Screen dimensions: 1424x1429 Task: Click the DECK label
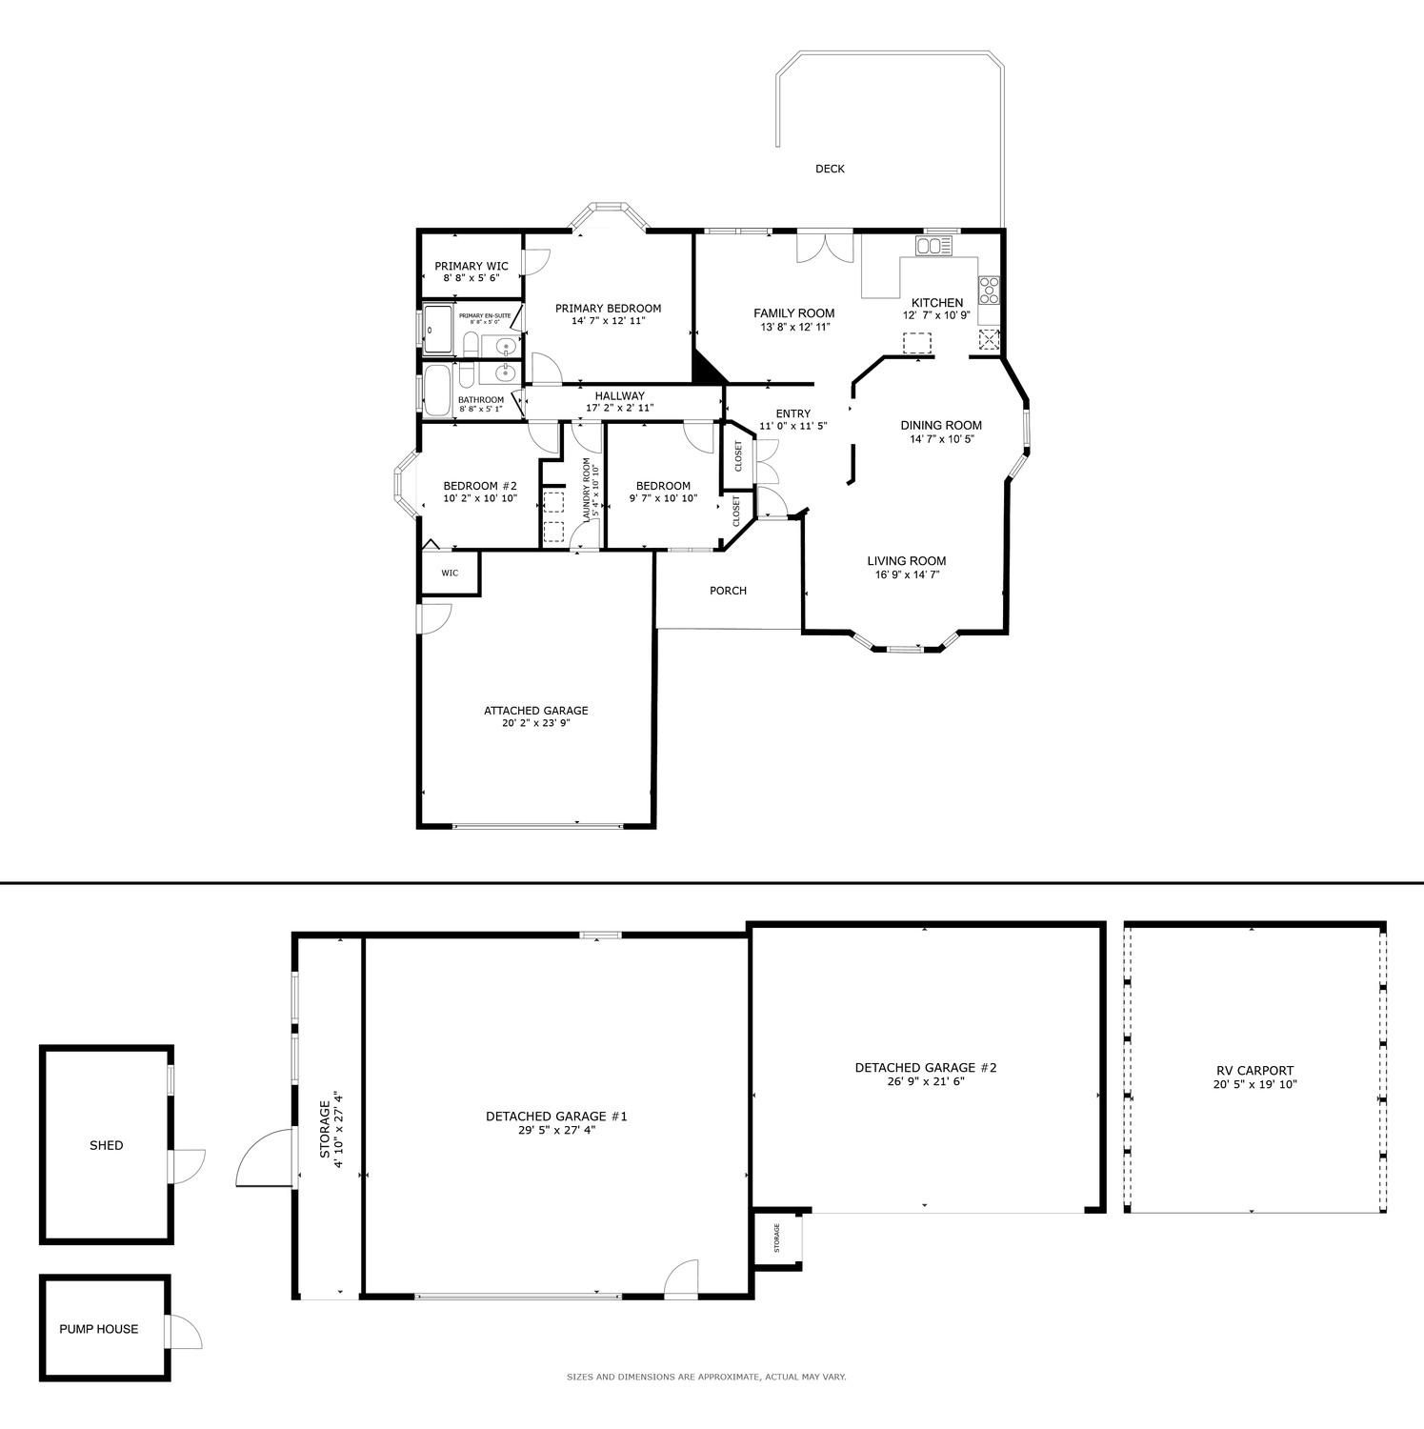pos(830,169)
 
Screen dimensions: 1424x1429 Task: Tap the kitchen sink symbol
pos(933,246)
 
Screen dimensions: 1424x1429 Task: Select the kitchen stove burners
pos(989,289)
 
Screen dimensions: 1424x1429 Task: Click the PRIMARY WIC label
pos(471,266)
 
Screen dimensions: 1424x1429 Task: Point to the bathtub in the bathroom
pos(437,391)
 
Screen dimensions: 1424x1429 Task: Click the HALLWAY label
pos(620,395)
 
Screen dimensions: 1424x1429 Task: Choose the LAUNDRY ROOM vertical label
pos(587,489)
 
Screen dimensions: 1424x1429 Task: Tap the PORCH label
pos(729,591)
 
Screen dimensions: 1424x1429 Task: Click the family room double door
pos(825,247)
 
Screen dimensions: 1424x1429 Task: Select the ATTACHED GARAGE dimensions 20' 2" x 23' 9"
pos(536,723)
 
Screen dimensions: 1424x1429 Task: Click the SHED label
pos(107,1145)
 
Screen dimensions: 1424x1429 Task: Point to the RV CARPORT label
pos(1254,1071)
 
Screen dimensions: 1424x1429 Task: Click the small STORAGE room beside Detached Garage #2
pos(777,1238)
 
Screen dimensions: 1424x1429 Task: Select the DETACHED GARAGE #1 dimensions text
pos(556,1130)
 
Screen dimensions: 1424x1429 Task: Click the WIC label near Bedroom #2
pos(450,573)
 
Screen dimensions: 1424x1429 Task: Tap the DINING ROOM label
pos(941,426)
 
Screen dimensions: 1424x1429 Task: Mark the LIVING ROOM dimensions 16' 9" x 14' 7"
pos(907,574)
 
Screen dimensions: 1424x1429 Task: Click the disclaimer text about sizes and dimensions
pos(707,1377)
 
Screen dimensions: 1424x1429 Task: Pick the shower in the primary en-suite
pos(439,329)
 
